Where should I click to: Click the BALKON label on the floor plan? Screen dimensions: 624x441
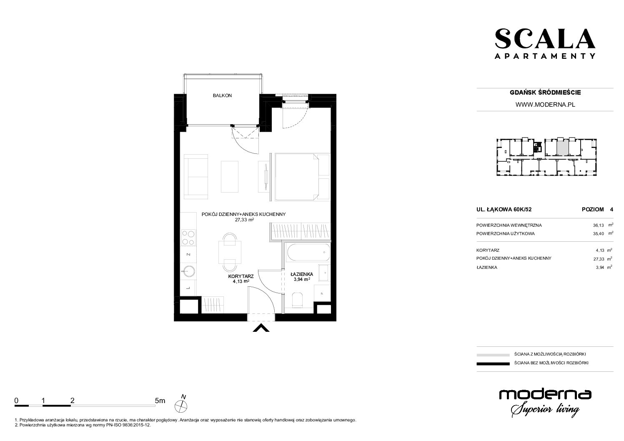[222, 95]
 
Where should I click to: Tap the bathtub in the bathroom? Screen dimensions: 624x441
[308, 253]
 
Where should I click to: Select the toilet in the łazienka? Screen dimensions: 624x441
[298, 300]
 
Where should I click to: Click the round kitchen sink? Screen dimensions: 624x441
[188, 272]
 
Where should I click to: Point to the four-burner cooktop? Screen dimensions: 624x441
[188, 238]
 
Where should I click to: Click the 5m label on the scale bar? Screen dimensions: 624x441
[160, 401]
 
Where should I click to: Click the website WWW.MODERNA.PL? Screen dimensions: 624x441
[545, 105]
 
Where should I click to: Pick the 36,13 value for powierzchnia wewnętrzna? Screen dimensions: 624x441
[599, 226]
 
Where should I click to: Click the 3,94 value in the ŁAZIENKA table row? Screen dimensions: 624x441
[600, 268]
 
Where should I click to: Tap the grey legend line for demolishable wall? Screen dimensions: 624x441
[493, 355]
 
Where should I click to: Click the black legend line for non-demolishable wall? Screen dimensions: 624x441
[493, 363]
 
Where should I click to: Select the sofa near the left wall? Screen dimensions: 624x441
[196, 177]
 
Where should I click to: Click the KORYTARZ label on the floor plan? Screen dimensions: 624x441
[241, 276]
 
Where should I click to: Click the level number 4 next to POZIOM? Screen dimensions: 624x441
[611, 210]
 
